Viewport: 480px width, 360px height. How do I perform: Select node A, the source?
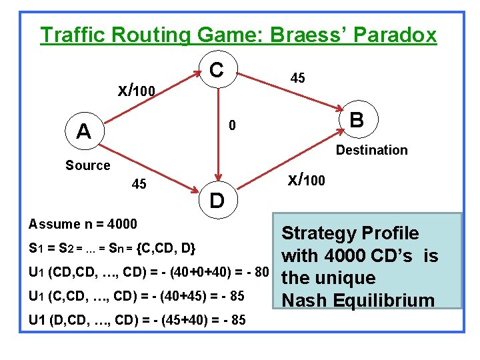click(x=84, y=131)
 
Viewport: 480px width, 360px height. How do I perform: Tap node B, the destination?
click(x=356, y=120)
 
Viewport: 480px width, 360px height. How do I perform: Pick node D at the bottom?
click(x=217, y=199)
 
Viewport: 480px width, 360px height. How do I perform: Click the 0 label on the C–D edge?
click(x=231, y=125)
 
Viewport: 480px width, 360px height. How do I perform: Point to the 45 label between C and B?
click(x=298, y=78)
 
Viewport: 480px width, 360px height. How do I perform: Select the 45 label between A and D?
click(x=139, y=183)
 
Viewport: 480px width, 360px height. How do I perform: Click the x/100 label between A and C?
click(x=137, y=89)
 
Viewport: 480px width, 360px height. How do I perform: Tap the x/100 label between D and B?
click(x=307, y=179)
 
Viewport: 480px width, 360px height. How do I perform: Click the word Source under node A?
click(x=87, y=165)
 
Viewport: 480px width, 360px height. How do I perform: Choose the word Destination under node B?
click(x=371, y=150)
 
